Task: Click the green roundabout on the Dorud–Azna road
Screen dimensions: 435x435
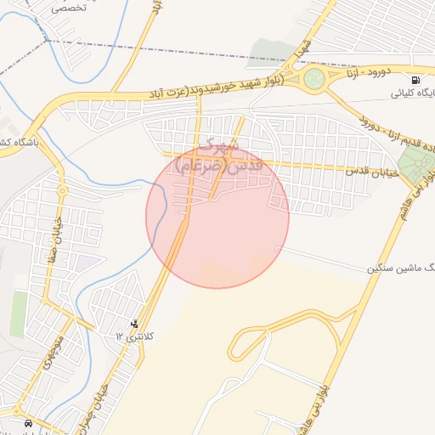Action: click(x=314, y=80)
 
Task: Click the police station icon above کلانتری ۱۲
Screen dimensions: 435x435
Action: click(x=134, y=323)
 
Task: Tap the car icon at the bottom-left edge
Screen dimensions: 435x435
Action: click(x=29, y=422)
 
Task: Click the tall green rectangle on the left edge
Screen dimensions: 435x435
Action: click(x=19, y=314)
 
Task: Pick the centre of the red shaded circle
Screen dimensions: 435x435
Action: click(x=217, y=217)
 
